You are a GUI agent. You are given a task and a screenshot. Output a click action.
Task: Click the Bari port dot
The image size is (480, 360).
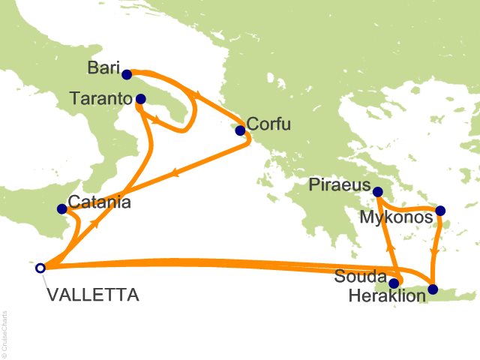127,74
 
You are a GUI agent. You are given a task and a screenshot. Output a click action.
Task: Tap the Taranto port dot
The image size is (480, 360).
140,98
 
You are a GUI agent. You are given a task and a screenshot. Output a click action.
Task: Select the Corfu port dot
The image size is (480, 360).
240,130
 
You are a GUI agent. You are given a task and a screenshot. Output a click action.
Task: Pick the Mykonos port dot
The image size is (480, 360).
440,211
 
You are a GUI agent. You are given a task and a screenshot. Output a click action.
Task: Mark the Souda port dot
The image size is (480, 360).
394,283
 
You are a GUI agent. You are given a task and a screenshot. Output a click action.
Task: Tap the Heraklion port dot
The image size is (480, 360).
433,289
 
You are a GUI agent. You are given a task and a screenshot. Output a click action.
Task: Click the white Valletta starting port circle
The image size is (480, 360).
40,267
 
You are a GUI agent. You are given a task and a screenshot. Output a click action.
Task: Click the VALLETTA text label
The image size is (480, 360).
92,295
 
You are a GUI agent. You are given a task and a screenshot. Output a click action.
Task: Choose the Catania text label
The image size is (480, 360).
100,202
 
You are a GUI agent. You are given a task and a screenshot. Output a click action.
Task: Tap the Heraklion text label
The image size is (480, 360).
387,297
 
